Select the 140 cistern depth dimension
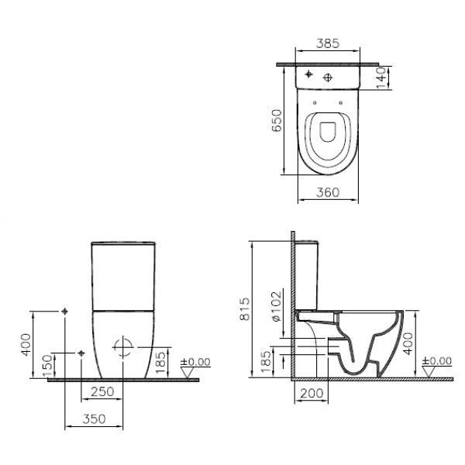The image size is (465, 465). point(381,77)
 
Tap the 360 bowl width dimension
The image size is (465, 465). point(327,192)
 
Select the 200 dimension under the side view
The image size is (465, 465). point(311,394)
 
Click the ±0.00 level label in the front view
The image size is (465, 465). point(195,361)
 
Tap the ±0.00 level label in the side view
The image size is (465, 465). point(439,361)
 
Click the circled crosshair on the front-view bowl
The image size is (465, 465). point(122,346)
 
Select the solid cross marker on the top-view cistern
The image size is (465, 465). point(308,74)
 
